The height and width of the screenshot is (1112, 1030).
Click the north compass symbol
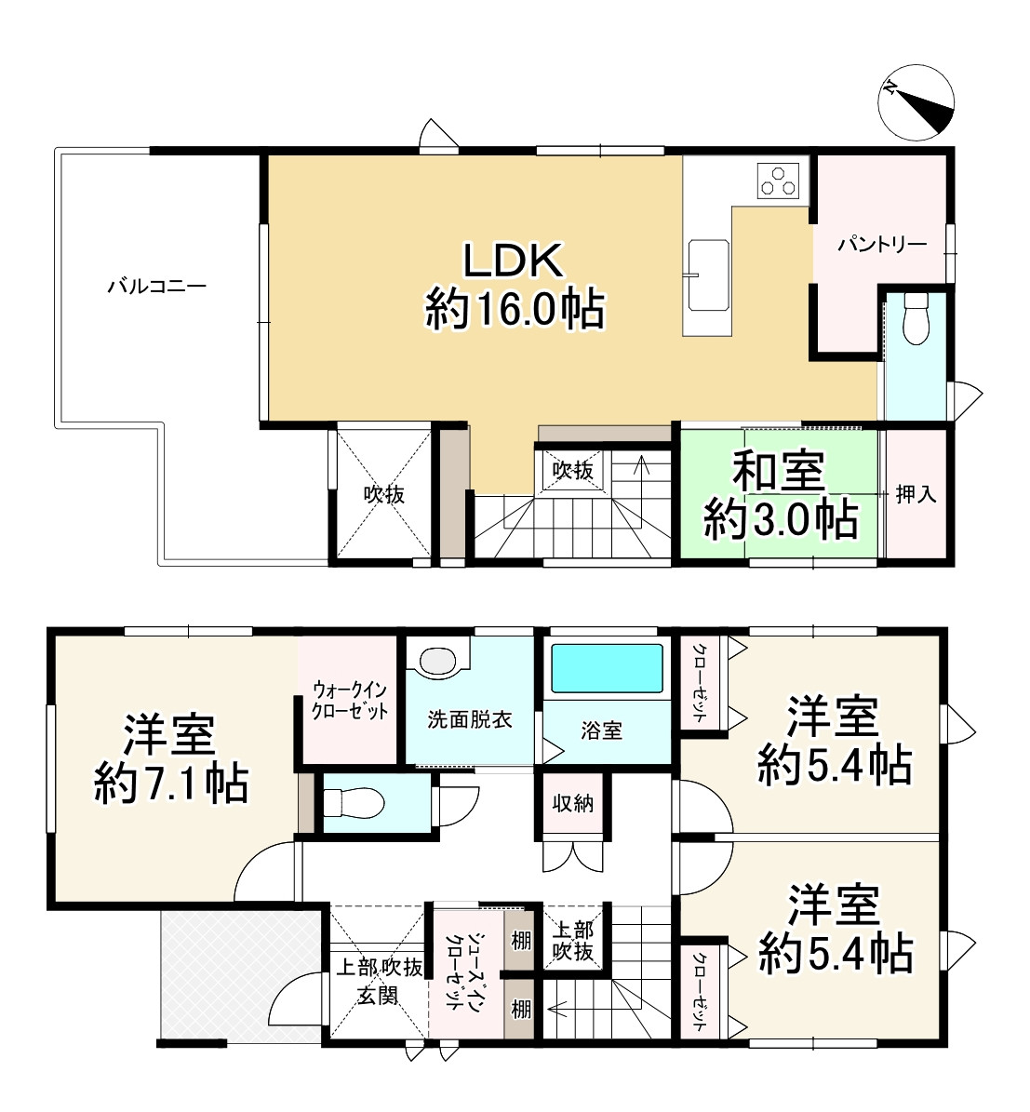coord(917,105)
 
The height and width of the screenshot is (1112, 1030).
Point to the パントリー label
coord(881,245)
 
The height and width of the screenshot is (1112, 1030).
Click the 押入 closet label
coord(916,494)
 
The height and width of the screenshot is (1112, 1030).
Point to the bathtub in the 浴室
coord(608,666)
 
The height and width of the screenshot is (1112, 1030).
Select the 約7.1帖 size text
coord(171,784)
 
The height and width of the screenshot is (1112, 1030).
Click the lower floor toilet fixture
coord(353,801)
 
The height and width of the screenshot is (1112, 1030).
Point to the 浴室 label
coord(602,730)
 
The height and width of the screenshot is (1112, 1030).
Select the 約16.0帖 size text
coord(515,308)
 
